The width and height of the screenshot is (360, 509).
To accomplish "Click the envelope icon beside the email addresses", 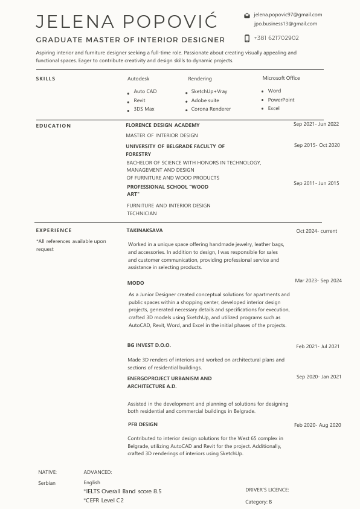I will [x=246, y=15].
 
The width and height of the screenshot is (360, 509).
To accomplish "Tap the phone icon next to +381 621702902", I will [x=246, y=37].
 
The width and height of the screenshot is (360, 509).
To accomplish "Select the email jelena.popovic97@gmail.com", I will [x=288, y=15].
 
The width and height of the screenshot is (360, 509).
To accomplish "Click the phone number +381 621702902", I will [x=276, y=37].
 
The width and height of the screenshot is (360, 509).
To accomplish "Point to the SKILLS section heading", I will [x=45, y=79].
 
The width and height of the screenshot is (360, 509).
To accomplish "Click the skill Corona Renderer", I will [x=211, y=109].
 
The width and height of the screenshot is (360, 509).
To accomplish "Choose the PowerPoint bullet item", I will [x=281, y=100].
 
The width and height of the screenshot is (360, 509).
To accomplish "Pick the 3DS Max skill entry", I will [x=144, y=109].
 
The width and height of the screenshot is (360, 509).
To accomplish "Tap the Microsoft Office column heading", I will [x=281, y=78].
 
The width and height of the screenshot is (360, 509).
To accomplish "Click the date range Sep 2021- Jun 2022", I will [x=316, y=124].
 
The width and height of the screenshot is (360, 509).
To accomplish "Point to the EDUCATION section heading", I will [x=53, y=126].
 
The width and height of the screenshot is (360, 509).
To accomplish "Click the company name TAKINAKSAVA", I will [x=144, y=230].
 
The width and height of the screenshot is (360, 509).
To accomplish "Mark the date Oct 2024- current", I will [x=317, y=231].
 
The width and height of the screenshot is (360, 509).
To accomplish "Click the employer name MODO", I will [x=135, y=283].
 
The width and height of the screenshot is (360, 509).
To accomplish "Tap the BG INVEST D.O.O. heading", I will [x=149, y=345].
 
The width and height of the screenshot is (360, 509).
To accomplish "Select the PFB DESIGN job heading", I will [x=143, y=424].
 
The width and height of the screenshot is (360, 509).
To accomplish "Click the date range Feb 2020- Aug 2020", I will [x=317, y=425].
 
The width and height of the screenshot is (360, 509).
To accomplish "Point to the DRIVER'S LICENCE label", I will [x=267, y=490].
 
